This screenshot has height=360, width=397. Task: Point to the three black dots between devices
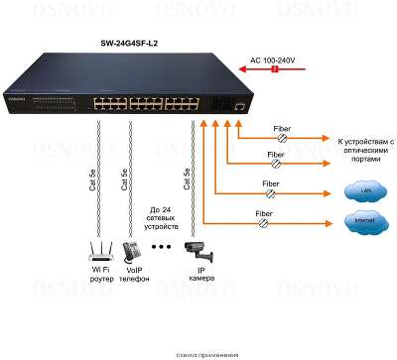click(x=161, y=246)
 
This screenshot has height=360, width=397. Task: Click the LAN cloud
click(x=353, y=189)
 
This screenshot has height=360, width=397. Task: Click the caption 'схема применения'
click(x=205, y=354)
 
